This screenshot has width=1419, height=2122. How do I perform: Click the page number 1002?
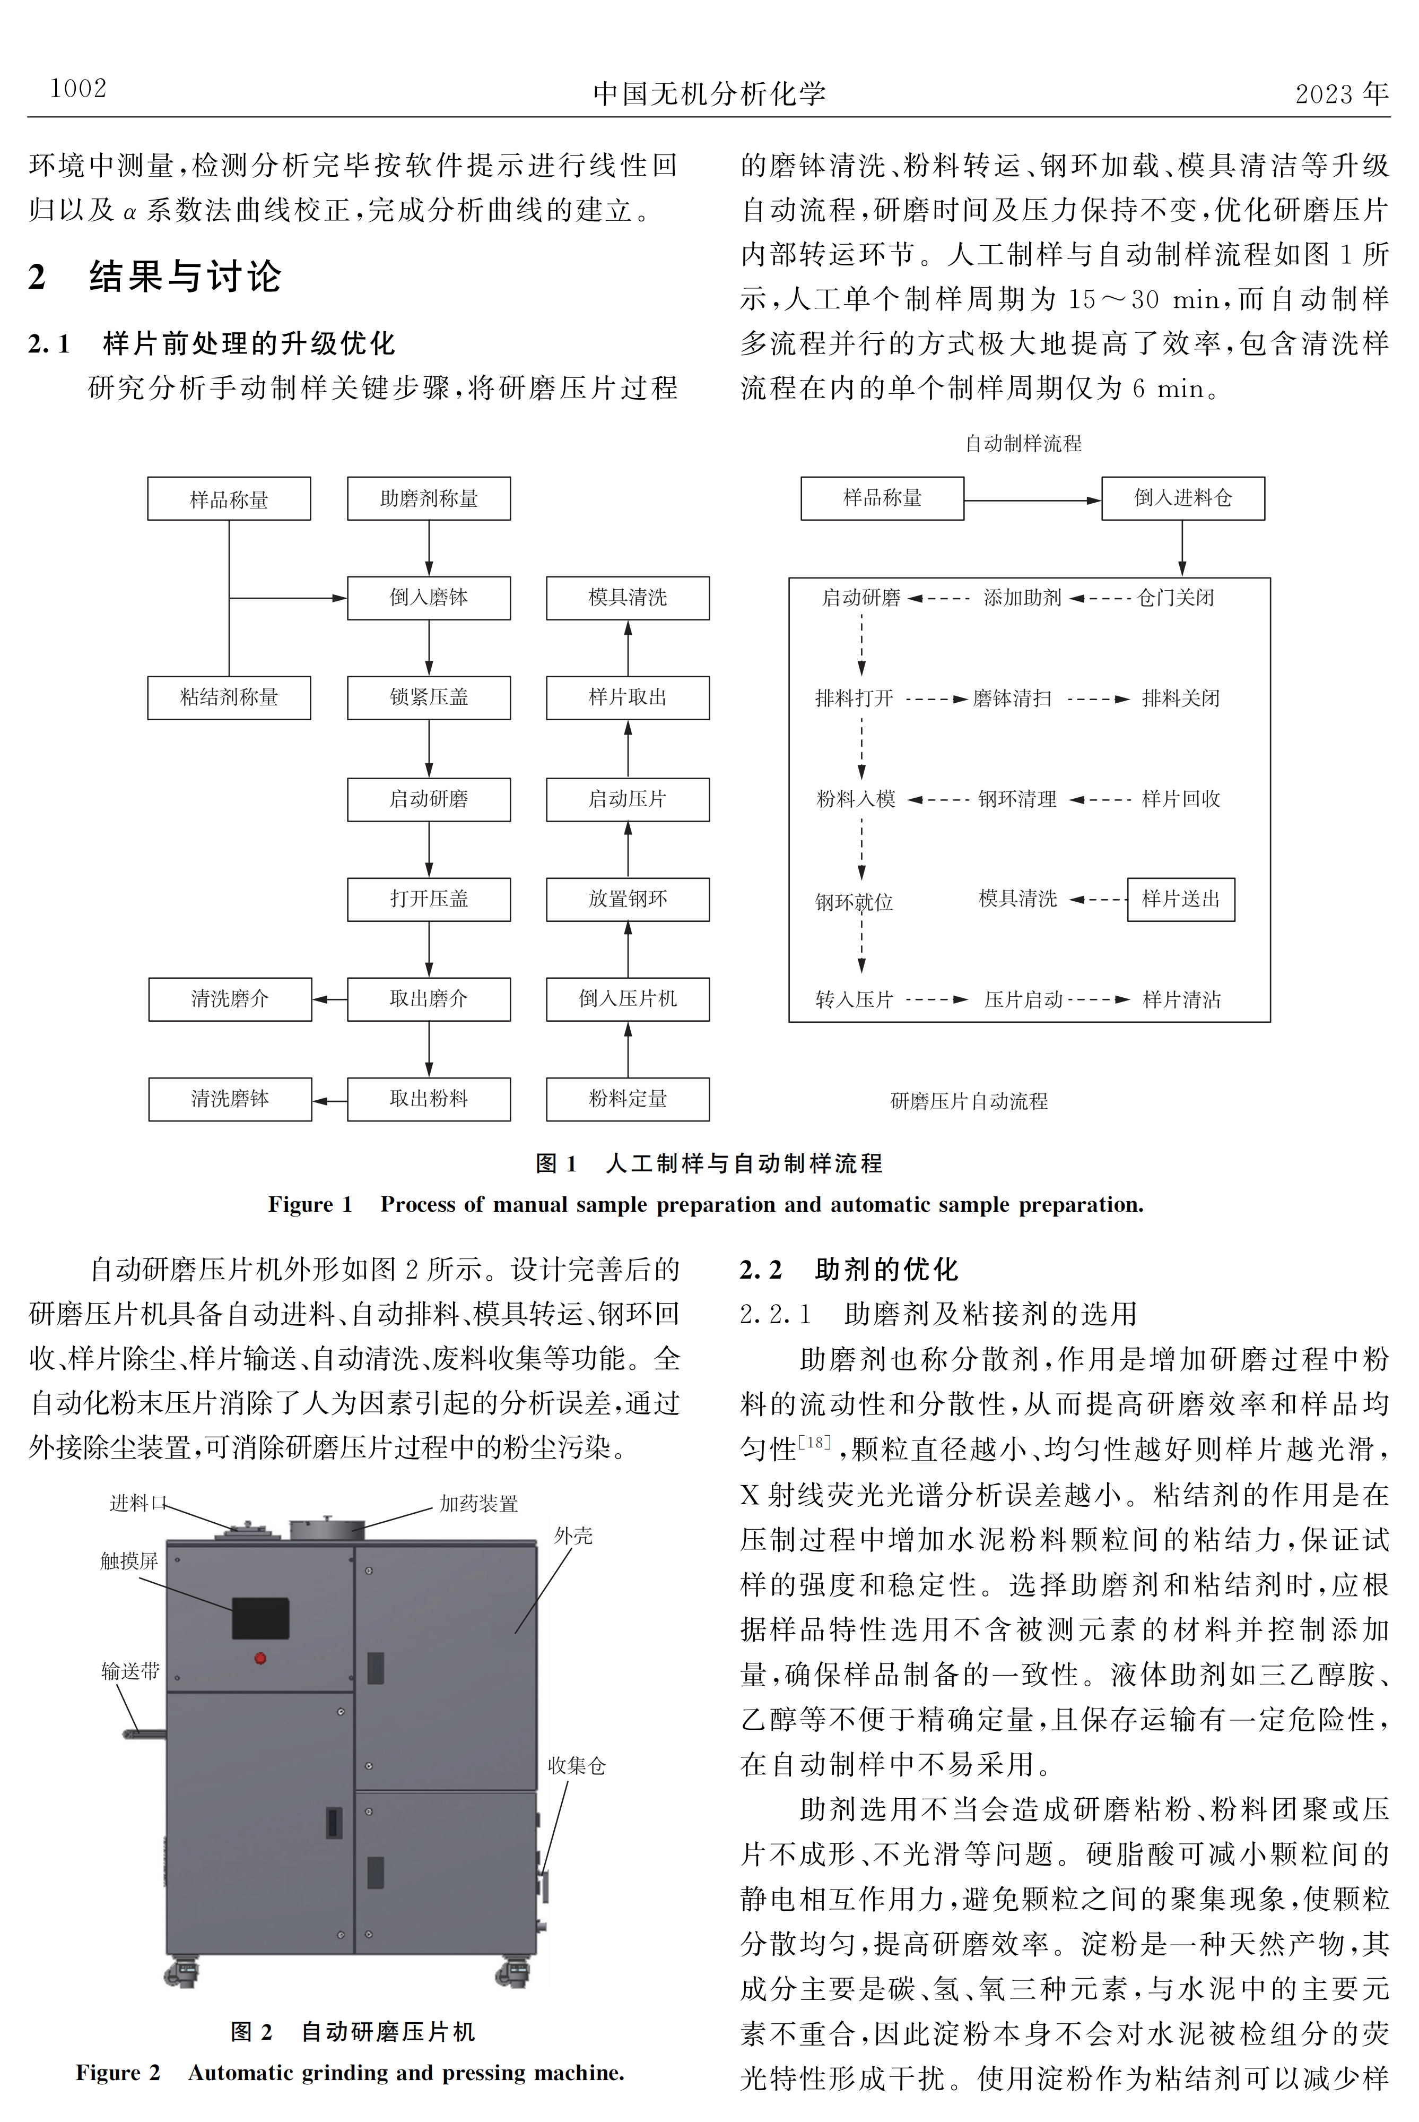pyautogui.click(x=78, y=89)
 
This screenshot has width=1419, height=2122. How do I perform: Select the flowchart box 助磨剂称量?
pyautogui.click(x=429, y=499)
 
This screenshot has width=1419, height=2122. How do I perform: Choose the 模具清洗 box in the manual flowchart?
pyautogui.click(x=628, y=598)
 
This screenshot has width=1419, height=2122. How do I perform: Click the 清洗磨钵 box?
pyautogui.click(x=230, y=1099)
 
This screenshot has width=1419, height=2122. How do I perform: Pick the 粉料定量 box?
pyautogui.click(x=628, y=1099)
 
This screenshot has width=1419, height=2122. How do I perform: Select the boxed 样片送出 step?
pyautogui.click(x=1181, y=899)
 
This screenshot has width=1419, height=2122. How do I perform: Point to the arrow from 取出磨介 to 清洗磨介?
pyautogui.click(x=329, y=999)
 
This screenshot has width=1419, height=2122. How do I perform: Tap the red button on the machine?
pyautogui.click(x=260, y=1659)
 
